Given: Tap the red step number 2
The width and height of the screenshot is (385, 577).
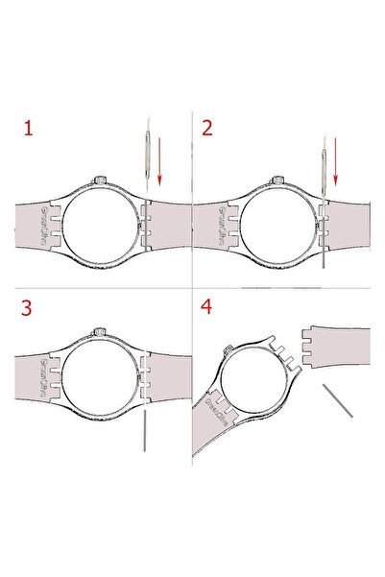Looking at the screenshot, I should [207, 128].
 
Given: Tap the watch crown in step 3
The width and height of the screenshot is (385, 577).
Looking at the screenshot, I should [100, 330].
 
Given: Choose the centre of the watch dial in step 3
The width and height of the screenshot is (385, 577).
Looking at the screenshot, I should [100, 378].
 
